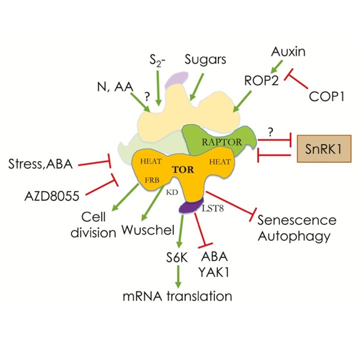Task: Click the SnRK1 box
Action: tap(324, 149)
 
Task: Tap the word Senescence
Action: tap(297, 221)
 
